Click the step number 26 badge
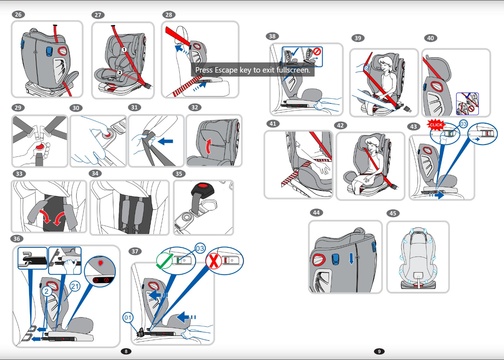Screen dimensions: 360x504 click(18, 15)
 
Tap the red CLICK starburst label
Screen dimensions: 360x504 click(436, 124)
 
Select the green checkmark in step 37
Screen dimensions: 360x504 click(164, 261)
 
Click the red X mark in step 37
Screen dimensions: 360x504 click(214, 261)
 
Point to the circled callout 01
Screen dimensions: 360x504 click(128, 318)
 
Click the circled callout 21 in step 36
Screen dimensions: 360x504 click(75, 286)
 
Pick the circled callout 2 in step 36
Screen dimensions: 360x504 click(46, 291)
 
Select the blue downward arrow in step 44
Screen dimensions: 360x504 click(351, 258)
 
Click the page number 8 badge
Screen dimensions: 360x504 click(126, 351)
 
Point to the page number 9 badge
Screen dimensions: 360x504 click(379, 351)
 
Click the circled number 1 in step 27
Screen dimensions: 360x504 click(124, 50)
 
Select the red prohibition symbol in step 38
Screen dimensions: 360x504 click(317, 51)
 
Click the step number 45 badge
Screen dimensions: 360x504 click(393, 213)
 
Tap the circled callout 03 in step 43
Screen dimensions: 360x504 click(463, 124)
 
